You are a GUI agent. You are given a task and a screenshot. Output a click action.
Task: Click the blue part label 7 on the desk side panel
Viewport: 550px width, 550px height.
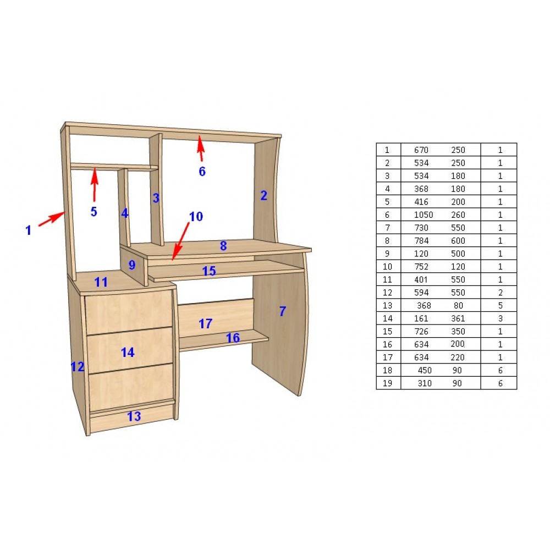coord(282,311)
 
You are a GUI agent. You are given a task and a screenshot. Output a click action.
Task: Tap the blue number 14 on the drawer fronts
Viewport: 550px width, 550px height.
coord(128,352)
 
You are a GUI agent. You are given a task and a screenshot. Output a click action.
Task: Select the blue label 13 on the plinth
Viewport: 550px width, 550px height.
coord(134,416)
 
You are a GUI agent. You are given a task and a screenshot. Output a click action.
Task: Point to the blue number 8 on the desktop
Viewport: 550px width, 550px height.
coord(223,246)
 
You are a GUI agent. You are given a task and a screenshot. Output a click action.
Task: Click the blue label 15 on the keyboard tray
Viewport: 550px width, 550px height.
coord(209,271)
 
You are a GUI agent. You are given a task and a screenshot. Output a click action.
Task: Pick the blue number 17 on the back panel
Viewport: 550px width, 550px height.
coord(206,323)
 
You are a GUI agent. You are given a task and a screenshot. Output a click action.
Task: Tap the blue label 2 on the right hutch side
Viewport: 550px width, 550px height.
coord(264,195)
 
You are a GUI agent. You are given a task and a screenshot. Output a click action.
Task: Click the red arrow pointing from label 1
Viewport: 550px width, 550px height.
coord(52,219)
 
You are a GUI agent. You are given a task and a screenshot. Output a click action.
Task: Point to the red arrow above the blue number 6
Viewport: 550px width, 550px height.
coord(201,148)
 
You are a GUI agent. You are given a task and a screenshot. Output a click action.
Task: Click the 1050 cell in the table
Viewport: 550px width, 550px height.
coord(424,215)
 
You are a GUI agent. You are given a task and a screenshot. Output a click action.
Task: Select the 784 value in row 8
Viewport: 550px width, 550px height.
coord(421,241)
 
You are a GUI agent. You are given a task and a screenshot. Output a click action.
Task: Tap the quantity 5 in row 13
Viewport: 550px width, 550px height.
coord(500,305)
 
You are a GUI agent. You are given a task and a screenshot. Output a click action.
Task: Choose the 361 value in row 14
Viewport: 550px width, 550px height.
coord(458,318)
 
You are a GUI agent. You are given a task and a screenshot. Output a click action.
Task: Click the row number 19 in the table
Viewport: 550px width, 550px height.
coord(387,383)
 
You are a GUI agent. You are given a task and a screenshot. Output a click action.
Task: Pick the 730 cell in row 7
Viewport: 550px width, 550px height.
coord(421,228)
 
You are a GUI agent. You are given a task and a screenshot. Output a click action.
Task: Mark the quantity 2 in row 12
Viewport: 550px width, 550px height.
coord(500,293)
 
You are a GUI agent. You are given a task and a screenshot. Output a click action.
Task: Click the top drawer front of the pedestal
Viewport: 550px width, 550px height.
coord(128,312)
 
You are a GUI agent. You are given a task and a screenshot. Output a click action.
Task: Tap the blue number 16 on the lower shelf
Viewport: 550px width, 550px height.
coord(233,338)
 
